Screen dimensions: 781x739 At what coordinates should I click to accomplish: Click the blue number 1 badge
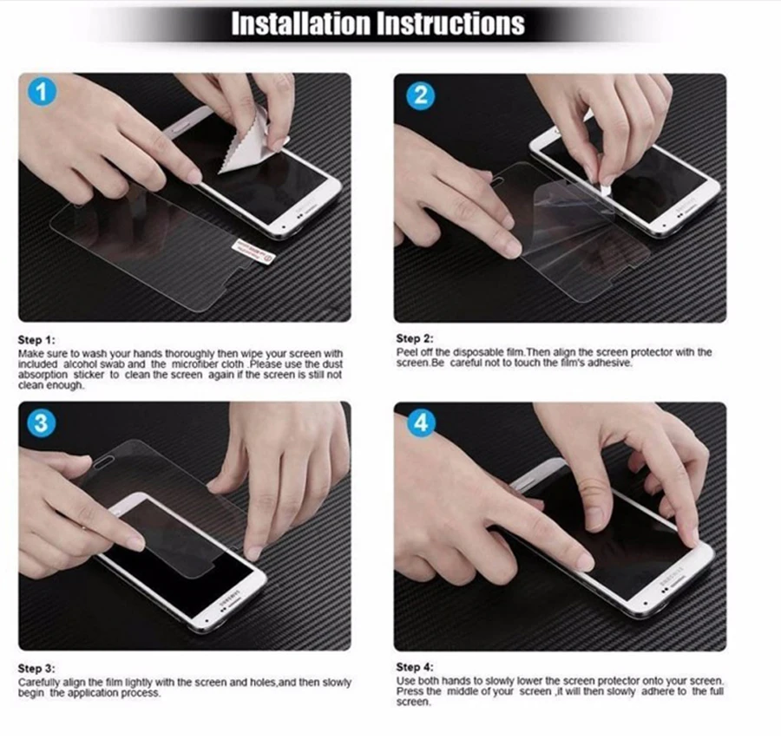[x=42, y=92]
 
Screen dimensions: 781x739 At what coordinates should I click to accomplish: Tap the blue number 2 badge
[x=421, y=95]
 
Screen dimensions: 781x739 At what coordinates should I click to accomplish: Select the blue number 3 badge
[x=42, y=423]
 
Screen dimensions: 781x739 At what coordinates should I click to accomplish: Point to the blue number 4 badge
[x=422, y=422]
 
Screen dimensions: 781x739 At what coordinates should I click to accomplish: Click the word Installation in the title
[x=301, y=23]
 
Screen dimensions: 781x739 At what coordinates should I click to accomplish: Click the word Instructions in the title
[x=450, y=23]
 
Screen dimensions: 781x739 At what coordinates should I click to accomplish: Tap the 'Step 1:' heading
[x=36, y=340]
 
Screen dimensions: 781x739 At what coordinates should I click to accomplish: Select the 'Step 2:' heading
[x=415, y=338]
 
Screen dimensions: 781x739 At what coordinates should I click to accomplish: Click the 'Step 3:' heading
[x=36, y=668]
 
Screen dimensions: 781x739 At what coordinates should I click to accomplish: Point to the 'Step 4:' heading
[x=415, y=667]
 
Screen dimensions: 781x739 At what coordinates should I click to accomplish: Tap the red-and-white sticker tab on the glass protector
[x=254, y=251]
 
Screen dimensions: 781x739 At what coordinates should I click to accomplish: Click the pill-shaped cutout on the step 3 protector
[x=103, y=464]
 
